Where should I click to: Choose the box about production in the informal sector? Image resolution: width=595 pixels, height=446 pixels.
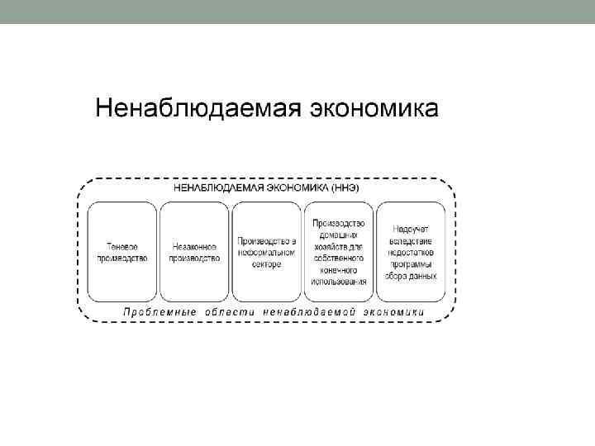click(x=267, y=251)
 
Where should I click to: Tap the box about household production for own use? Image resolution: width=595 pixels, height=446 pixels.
click(x=340, y=251)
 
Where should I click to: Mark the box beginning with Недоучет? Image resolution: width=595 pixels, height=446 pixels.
click(x=412, y=251)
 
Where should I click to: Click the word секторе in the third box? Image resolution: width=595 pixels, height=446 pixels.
click(x=267, y=263)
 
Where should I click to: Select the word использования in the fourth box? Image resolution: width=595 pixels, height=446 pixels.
click(x=340, y=281)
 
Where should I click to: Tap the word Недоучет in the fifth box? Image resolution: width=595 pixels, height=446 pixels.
click(x=412, y=229)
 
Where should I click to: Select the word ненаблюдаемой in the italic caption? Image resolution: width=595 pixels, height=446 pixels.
click(x=311, y=312)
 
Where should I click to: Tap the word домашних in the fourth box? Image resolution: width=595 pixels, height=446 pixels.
click(x=340, y=235)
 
